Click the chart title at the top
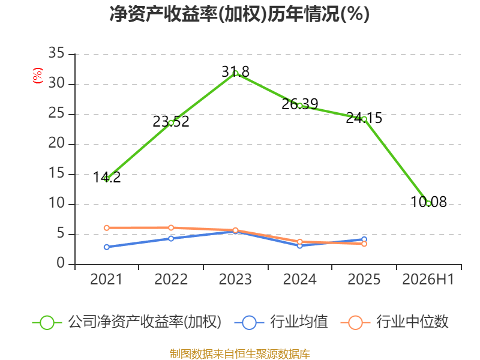pyautogui.click(x=239, y=14)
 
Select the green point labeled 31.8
pyautogui.click(x=235, y=73)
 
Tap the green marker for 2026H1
pyautogui.click(x=428, y=203)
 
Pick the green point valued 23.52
pyautogui.click(x=171, y=123)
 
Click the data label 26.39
pyautogui.click(x=299, y=104)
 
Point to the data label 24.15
pyautogui.click(x=364, y=118)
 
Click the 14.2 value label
pyautogui.click(x=107, y=178)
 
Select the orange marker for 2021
pyautogui.click(x=107, y=228)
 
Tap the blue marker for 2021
pyautogui.click(x=107, y=247)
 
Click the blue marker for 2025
pyautogui.click(x=364, y=239)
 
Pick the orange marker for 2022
pyautogui.click(x=171, y=228)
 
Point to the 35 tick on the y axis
pyautogui.click(x=56, y=53)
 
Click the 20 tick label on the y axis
pyautogui.click(x=56, y=143)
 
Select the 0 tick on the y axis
pyautogui.click(x=61, y=263)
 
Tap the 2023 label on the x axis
pyautogui.click(x=235, y=279)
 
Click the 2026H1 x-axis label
pyautogui.click(x=428, y=279)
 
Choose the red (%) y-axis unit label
pyautogui.click(x=38, y=76)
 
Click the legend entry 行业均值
pyautogui.click(x=299, y=322)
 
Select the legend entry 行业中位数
pyautogui.click(x=412, y=322)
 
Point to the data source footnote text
pyautogui.click(x=240, y=353)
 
